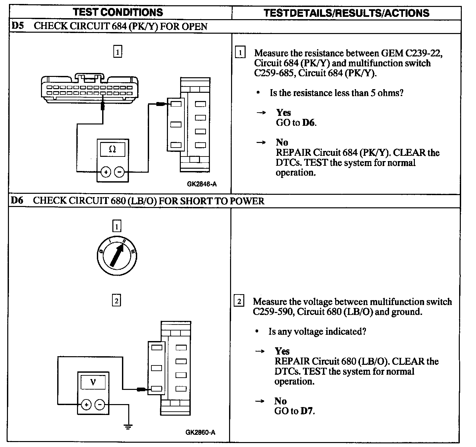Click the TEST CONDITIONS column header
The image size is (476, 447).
(x=118, y=13)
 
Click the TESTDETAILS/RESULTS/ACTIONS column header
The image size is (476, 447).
(x=346, y=13)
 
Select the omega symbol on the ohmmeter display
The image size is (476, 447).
(x=112, y=149)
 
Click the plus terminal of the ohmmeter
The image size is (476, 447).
(x=105, y=172)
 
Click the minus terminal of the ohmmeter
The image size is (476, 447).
(x=119, y=172)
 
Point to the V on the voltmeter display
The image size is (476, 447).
(x=93, y=382)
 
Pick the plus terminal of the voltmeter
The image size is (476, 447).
(x=86, y=404)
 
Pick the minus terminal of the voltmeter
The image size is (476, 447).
(x=100, y=404)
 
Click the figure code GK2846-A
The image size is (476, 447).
(x=202, y=184)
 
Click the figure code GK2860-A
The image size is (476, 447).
(x=200, y=432)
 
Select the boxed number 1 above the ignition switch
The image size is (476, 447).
(x=117, y=226)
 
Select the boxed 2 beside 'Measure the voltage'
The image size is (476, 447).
(x=239, y=301)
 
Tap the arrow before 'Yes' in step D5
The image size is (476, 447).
(x=261, y=113)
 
